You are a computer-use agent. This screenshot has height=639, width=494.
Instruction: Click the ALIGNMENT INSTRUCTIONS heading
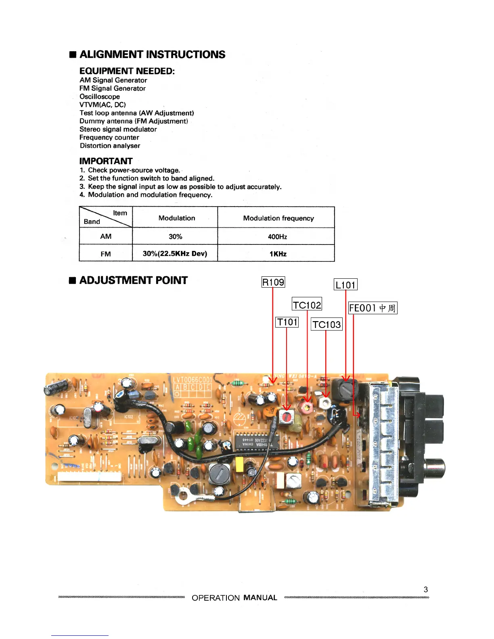pyautogui.click(x=152, y=54)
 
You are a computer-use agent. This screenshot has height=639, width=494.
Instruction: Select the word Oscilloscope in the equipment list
pyautogui.click(x=100, y=96)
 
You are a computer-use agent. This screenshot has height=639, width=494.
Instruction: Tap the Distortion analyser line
pyautogui.click(x=110, y=146)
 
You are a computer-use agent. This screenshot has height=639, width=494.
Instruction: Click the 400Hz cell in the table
pyautogui.click(x=277, y=237)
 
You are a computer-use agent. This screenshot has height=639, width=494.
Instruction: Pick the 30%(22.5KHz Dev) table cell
pyautogui.click(x=175, y=254)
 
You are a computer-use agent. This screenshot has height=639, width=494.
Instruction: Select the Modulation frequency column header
pyautogui.click(x=278, y=218)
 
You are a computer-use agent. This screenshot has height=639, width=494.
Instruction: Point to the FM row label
pyautogui.click(x=106, y=254)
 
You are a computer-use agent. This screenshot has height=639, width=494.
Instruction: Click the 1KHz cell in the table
pyautogui.click(x=278, y=254)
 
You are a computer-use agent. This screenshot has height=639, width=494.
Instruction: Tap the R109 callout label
pyautogui.click(x=273, y=282)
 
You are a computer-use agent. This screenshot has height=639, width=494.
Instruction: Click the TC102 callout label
pyautogui.click(x=307, y=305)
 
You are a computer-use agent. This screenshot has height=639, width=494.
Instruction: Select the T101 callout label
pyautogui.click(x=287, y=322)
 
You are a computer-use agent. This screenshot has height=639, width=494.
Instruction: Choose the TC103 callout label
pyautogui.click(x=327, y=324)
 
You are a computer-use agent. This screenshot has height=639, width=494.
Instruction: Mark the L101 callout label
pyautogui.click(x=345, y=285)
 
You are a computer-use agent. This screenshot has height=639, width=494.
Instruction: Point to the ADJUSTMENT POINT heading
pyautogui.click(x=133, y=280)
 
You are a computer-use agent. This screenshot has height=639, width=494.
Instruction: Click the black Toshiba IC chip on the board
pyautogui.click(x=257, y=440)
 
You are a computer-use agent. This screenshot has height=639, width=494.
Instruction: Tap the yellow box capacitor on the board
pyautogui.click(x=239, y=464)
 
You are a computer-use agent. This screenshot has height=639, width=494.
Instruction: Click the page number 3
pyautogui.click(x=425, y=589)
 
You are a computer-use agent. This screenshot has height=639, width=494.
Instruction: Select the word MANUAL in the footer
pyautogui.click(x=260, y=597)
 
